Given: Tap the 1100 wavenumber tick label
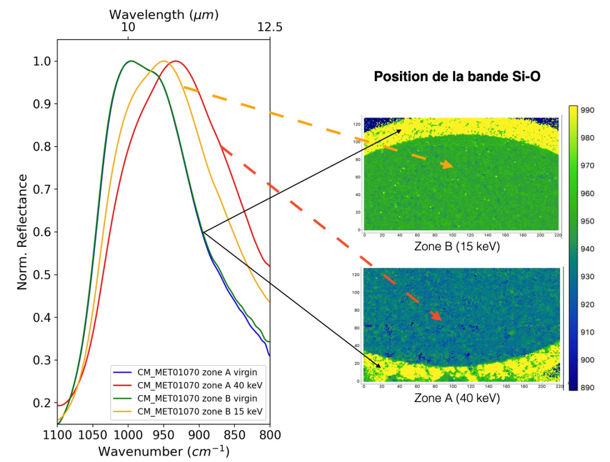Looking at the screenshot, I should (x=57, y=435).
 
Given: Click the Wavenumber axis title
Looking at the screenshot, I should (x=163, y=451).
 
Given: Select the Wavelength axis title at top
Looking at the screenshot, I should (x=164, y=14).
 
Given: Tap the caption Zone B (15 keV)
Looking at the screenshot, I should (x=456, y=247).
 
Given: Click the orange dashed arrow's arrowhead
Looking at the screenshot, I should (x=448, y=165).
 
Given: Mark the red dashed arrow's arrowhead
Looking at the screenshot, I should (x=436, y=316).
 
